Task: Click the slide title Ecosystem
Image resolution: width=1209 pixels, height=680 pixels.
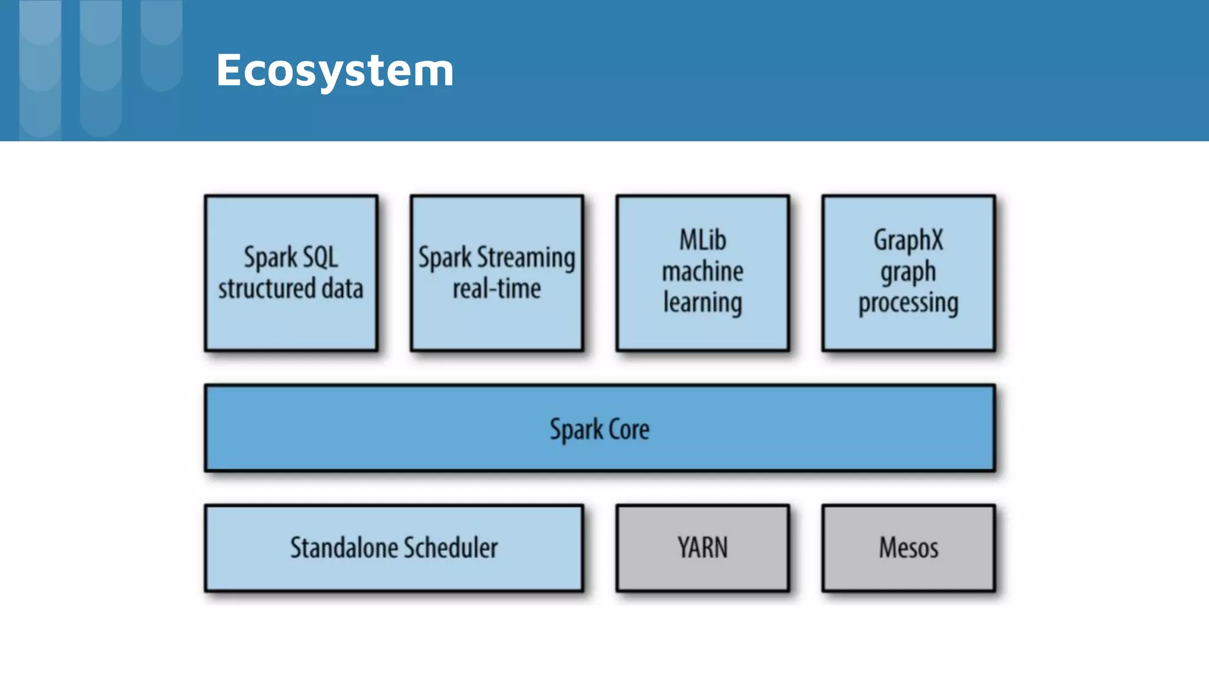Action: tap(335, 71)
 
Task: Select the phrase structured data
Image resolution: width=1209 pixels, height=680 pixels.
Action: tap(290, 289)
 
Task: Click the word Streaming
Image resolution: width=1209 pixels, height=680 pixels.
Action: tap(525, 258)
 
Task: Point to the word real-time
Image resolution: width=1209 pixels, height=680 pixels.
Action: tap(496, 289)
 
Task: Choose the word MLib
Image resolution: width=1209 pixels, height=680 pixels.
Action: tap(702, 240)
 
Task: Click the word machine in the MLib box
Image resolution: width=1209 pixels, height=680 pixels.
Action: tap(702, 272)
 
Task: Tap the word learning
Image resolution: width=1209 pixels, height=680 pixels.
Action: tap(702, 303)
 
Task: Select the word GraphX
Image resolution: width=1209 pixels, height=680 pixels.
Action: tap(908, 240)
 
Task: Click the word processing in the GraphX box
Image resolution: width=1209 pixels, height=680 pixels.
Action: tap(908, 303)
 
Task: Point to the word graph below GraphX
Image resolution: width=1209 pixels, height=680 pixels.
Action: tap(908, 272)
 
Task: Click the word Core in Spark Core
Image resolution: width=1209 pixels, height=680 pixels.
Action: tap(629, 429)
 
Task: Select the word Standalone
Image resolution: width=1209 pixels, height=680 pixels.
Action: tap(343, 548)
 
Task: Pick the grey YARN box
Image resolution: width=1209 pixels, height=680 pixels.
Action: tap(702, 548)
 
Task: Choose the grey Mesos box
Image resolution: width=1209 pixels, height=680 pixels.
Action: tap(908, 548)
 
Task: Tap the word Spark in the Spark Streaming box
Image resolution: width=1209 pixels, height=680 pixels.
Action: tap(445, 258)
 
